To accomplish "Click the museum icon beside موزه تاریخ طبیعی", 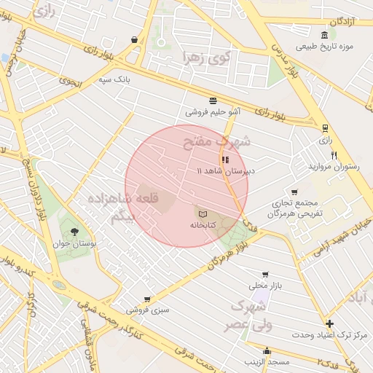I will pos(324,34).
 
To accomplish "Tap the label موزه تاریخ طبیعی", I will pos(324,47).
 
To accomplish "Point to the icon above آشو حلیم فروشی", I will pos(212,101).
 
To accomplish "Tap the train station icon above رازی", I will pos(325,126).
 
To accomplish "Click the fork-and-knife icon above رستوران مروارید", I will pos(334,154).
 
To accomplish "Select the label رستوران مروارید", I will pos(334,167).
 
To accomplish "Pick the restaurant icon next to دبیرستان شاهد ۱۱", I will pos(224,159).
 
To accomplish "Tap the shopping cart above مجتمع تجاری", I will pos(294,192).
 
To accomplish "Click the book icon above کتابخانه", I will pos(200,213).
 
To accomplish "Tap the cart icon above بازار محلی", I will pos(264,274).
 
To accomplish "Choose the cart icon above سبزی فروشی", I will pos(148,299).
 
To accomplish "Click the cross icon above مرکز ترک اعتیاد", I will pos(329,323).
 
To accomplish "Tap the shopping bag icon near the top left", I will pos(134,39).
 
